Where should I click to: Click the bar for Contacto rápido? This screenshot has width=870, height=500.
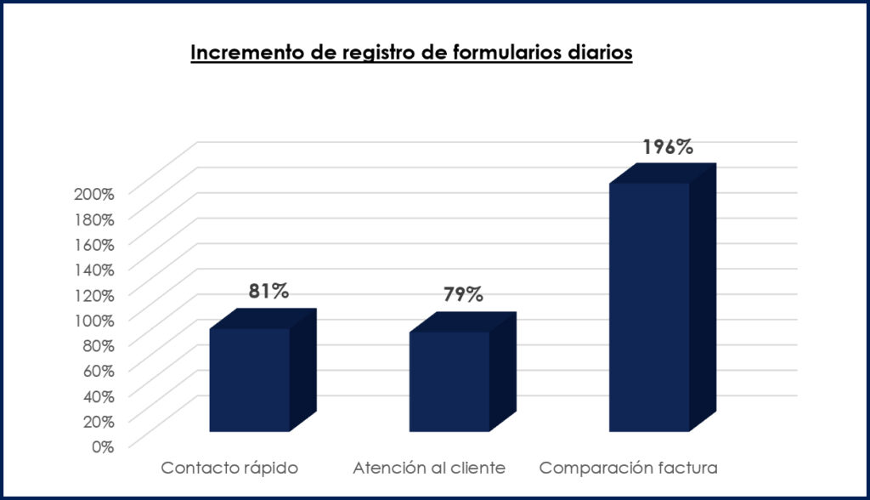pyautogui.click(x=250, y=379)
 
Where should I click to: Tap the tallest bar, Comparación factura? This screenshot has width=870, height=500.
pyautogui.click(x=650, y=306)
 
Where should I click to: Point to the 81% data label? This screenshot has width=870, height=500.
pyautogui.click(x=269, y=291)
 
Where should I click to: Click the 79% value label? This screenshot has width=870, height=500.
pyautogui.click(x=463, y=294)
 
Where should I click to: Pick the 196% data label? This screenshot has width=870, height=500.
pyautogui.click(x=667, y=146)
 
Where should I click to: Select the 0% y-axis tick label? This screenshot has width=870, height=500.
pyautogui.click(x=102, y=446)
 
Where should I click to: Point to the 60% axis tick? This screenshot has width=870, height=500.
pyautogui.click(x=98, y=370)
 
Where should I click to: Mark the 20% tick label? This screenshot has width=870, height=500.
pyautogui.click(x=98, y=420)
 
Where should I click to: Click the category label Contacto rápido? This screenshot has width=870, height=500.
pyautogui.click(x=229, y=468)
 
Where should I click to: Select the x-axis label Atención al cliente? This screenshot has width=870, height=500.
pyautogui.click(x=429, y=468)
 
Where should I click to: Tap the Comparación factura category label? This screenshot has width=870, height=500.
pyautogui.click(x=630, y=468)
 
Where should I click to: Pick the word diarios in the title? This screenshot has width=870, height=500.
pyautogui.click(x=599, y=53)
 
